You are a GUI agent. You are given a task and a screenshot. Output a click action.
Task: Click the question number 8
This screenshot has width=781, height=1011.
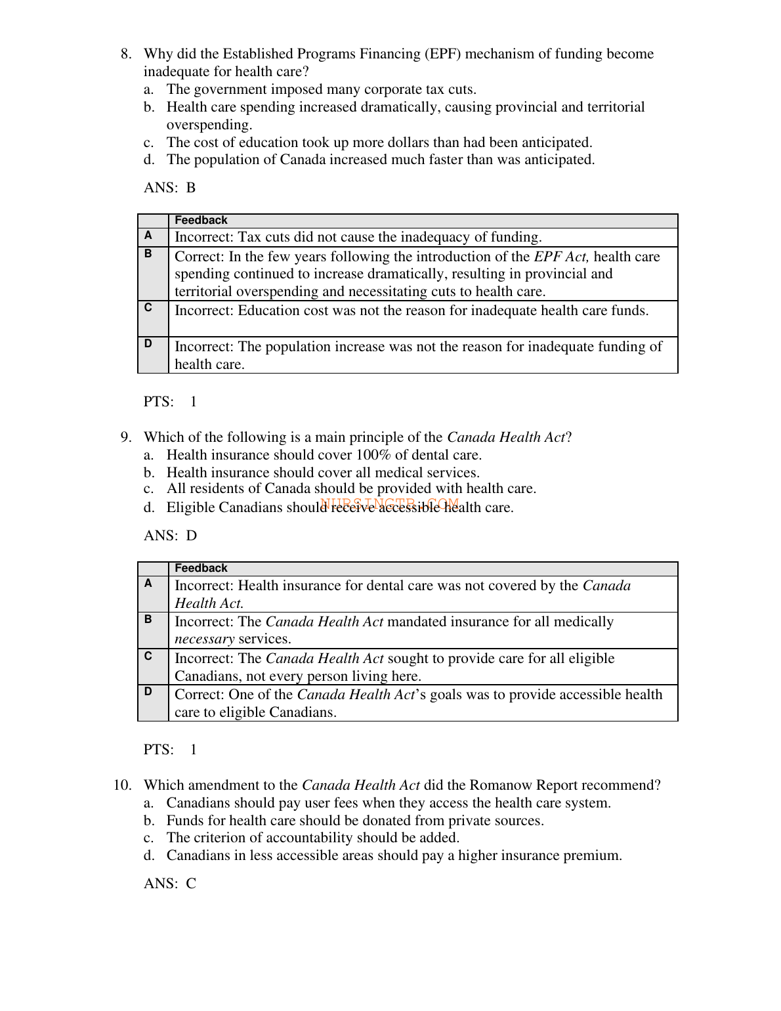coord(125,54)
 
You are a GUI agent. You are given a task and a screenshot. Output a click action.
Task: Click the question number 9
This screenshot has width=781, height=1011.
coord(125,437)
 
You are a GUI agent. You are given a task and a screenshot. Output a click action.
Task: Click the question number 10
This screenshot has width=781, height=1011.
coord(122,785)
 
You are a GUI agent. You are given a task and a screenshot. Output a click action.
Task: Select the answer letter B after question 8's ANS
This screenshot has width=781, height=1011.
coord(191,188)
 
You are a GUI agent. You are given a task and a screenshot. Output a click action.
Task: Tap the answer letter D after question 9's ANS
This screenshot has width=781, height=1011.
coord(192,536)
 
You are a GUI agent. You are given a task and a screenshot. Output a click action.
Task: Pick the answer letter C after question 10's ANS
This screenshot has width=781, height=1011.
coord(191,884)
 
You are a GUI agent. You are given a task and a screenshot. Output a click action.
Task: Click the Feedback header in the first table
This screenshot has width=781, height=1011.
coord(201,221)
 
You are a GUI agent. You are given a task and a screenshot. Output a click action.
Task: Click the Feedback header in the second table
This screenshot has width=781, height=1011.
coord(201,569)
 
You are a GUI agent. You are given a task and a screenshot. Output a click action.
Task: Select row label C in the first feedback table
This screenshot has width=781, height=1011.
coord(148,307)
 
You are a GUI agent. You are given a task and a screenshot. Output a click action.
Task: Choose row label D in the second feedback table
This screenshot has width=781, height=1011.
coord(148,691)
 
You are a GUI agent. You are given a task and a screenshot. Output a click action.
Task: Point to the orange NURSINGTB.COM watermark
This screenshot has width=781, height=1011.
coord(390,504)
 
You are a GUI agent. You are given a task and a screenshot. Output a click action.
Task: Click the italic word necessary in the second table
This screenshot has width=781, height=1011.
coord(204,639)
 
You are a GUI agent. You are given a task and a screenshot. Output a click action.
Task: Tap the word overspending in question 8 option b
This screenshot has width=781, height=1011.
coord(209,125)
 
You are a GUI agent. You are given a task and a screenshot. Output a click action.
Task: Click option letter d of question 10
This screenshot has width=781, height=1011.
coord(149,855)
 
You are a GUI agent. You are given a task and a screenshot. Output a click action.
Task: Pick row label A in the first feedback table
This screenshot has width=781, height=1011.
coord(148,235)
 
